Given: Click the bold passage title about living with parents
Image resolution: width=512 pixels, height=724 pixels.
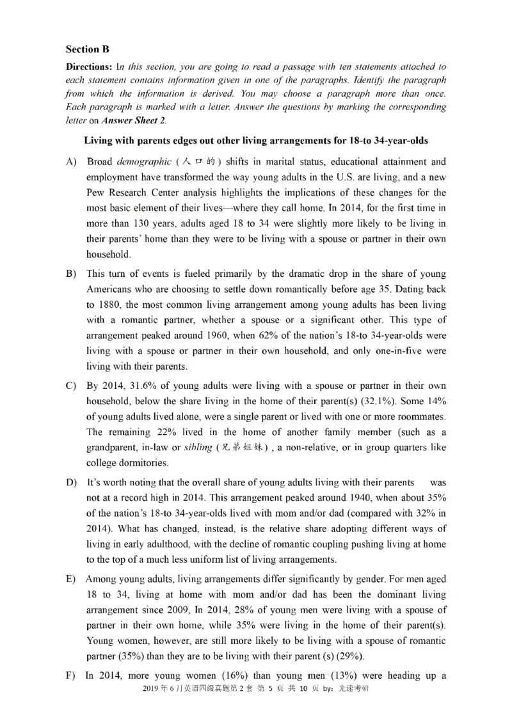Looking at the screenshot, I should [256, 140].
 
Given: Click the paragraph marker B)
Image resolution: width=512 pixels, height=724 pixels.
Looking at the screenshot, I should [71, 274].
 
